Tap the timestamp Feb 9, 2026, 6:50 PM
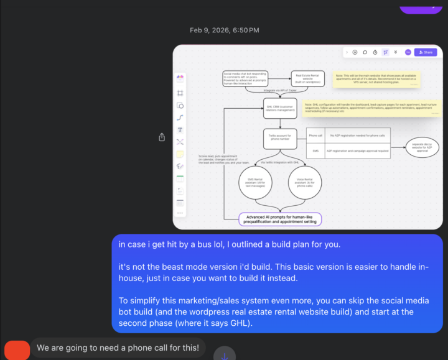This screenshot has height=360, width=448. click(224, 30)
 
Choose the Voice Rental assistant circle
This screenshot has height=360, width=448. click(305, 183)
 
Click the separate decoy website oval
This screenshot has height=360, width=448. click(424, 147)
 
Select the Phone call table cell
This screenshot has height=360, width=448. click(315, 136)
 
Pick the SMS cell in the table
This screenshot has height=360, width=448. click(315, 150)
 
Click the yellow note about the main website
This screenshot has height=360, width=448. click(376, 79)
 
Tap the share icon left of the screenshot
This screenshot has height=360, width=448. click(162, 137)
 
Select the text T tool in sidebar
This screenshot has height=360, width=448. click(180, 130)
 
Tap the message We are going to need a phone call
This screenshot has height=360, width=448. click(118, 348)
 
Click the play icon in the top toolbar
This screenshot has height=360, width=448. click(355, 52)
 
